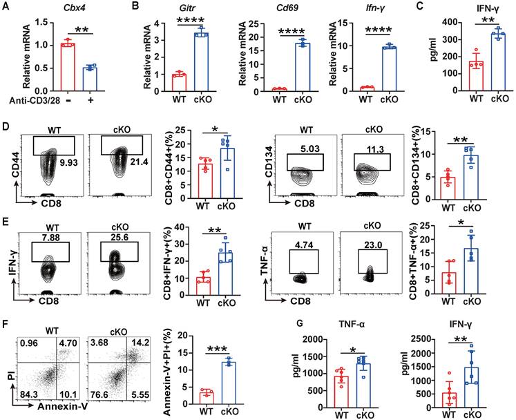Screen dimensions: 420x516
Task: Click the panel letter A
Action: coord(6,8)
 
